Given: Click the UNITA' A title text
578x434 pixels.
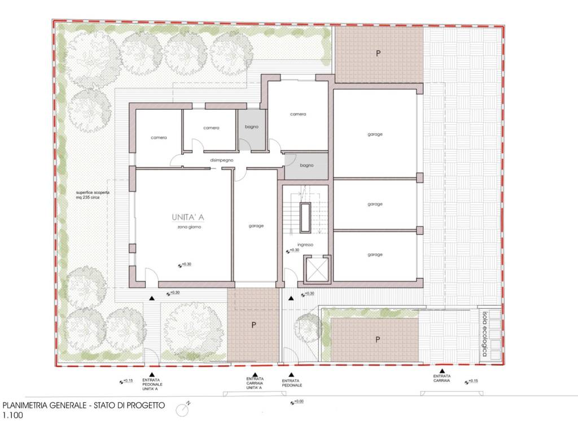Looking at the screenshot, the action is (x=188, y=217).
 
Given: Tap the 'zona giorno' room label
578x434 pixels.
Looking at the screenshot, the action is (x=189, y=227).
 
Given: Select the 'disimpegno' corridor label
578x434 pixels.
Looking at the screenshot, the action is (x=221, y=160).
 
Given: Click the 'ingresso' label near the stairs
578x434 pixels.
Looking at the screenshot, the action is (x=305, y=245).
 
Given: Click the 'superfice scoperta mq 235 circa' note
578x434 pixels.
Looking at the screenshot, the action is (x=93, y=195).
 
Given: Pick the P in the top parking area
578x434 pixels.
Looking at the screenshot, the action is (x=378, y=54).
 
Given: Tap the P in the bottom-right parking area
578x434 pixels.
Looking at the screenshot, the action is (x=378, y=340).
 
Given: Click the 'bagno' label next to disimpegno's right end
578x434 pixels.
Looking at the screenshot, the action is (x=306, y=166).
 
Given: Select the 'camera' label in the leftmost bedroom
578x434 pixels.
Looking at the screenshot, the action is (x=159, y=137).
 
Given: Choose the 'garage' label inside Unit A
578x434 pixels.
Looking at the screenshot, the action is (x=256, y=226).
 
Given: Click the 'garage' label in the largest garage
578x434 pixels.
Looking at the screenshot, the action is (x=375, y=134).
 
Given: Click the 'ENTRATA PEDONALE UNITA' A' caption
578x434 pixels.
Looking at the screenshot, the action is (x=152, y=384).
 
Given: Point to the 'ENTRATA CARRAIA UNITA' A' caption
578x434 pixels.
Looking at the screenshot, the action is (x=255, y=383).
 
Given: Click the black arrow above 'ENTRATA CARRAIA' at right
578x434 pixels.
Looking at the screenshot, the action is (x=441, y=371).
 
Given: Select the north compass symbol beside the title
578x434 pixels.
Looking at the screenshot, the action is (x=183, y=409).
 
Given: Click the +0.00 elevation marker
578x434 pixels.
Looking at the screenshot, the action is (x=297, y=402).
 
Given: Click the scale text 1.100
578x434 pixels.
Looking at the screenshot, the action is (x=12, y=415).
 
